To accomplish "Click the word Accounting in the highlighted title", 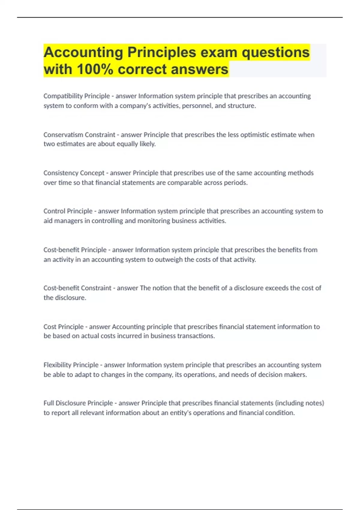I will [83, 52].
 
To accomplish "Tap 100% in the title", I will [95, 70].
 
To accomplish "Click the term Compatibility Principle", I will [76, 96].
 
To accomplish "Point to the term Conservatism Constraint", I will [79, 135].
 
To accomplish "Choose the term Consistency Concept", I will [74, 173].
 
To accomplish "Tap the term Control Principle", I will [68, 211].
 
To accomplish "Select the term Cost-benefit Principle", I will [75, 250].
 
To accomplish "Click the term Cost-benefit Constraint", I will [77, 288].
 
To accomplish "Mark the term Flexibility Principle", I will [71, 365].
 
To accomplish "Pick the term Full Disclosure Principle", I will [78, 403].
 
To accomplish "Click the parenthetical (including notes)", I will [299, 403].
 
